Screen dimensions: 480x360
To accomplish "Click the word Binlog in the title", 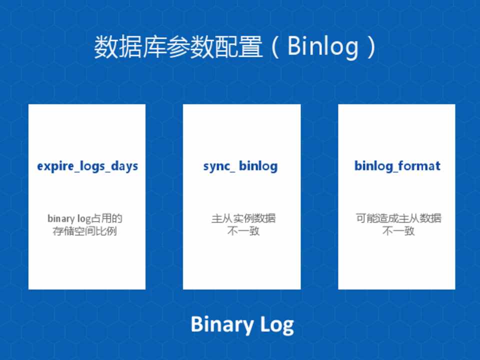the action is (x=323, y=46).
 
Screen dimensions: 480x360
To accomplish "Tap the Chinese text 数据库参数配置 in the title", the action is (x=178, y=47).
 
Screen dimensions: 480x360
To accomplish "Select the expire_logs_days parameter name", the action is (x=87, y=166).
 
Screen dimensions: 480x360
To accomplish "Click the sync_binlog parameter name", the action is (x=240, y=166).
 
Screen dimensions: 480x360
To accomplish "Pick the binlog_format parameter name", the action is (x=397, y=166).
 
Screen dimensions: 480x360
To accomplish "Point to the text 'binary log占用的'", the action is (x=85, y=218).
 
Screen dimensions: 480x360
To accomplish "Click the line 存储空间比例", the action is (x=85, y=231).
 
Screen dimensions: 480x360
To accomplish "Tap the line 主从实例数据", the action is (x=243, y=218).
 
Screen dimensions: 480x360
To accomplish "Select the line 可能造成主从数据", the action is (x=398, y=218).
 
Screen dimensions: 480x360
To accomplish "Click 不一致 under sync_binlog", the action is (x=243, y=230).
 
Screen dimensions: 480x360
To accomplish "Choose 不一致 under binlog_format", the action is (x=398, y=230).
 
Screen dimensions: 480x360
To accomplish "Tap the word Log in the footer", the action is (x=277, y=325).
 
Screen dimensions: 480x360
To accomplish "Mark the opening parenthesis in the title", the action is (x=275, y=47).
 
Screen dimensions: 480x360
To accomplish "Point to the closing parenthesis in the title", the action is (x=372, y=47).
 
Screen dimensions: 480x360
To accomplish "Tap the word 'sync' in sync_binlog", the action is (x=216, y=167).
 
